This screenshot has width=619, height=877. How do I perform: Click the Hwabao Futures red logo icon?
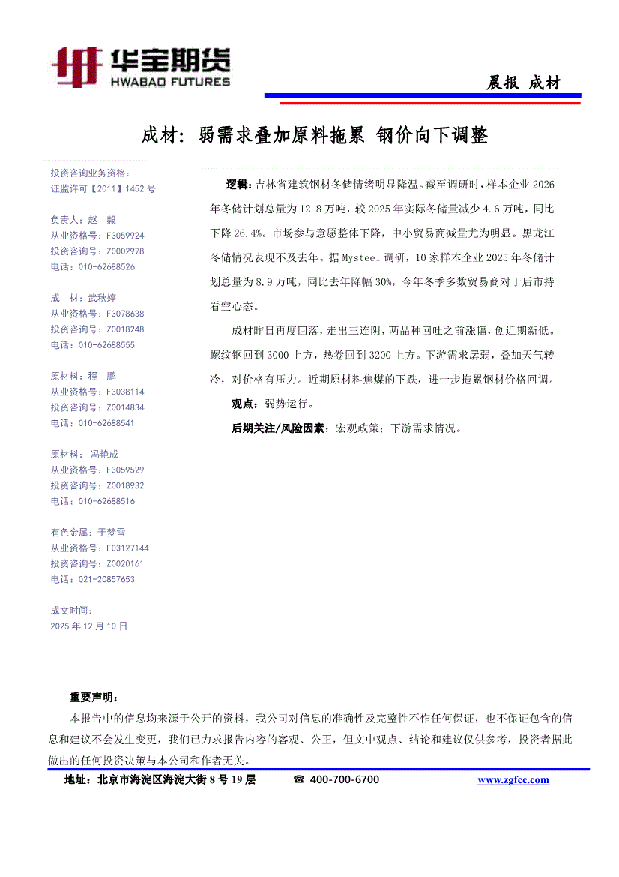point(76,67)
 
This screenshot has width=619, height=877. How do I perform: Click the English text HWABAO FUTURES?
point(169,81)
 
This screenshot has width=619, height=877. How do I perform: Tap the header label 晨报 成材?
point(523,83)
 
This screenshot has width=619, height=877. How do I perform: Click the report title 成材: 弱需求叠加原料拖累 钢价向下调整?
point(315,136)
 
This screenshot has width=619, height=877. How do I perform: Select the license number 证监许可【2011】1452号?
point(103,189)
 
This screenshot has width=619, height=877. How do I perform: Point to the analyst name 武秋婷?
point(102,298)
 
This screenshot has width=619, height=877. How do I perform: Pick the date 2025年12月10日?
point(89,626)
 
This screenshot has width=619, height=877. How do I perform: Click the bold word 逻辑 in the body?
point(239,185)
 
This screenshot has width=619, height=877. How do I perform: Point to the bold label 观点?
point(245,404)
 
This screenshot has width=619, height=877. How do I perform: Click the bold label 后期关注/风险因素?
point(279,428)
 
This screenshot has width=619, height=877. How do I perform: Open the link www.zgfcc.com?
point(513,780)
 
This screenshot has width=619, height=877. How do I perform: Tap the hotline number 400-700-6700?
point(345,780)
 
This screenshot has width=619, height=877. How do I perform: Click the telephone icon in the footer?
point(299,780)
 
